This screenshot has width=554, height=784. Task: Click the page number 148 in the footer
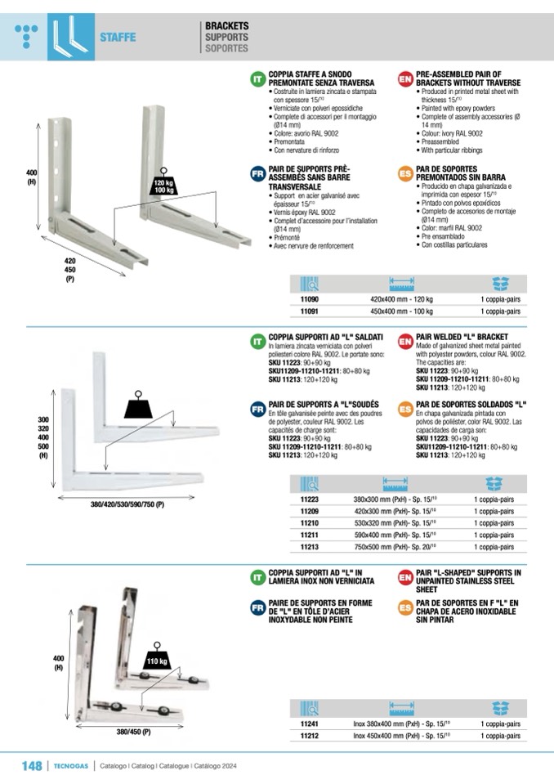point(32,765)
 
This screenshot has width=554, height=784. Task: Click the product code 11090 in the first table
point(309,299)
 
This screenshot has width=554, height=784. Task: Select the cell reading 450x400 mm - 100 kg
point(402,311)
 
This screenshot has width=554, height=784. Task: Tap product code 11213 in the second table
point(309,547)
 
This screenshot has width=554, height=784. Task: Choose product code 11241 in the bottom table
point(309,724)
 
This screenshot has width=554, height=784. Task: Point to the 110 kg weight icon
point(157,658)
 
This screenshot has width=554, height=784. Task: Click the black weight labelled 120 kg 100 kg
point(163,182)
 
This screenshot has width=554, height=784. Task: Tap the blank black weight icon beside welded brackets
point(138,405)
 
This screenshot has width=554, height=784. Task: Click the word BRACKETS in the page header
point(227,26)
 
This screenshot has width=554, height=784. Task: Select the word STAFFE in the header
point(118,38)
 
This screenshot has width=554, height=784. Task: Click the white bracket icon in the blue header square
point(71,36)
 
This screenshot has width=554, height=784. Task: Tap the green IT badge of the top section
point(257,79)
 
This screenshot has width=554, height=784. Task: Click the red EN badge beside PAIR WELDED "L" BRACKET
point(405,342)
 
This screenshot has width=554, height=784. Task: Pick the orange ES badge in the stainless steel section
point(405,608)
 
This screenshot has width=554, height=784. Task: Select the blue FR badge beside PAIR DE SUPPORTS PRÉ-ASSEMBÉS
point(257,174)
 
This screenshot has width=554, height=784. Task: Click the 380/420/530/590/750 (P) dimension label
point(127,505)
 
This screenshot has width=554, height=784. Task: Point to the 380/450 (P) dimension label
point(133,732)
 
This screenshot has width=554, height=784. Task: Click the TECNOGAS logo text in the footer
point(71,766)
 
